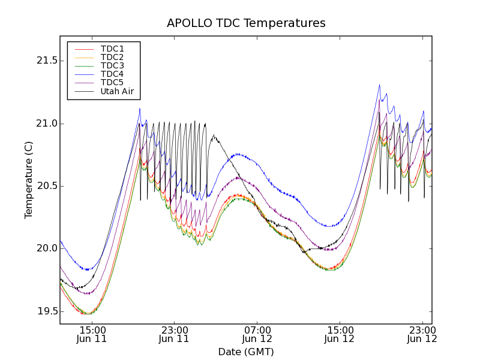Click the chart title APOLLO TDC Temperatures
click(246, 23)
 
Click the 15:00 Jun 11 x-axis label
click(92, 334)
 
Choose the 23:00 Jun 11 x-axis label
click(175, 334)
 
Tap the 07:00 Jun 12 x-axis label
click(257, 334)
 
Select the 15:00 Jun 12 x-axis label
click(340, 334)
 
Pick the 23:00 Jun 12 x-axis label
click(422, 334)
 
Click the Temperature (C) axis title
click(29, 180)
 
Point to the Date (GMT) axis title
click(246, 352)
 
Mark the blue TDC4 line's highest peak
click(379, 85)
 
